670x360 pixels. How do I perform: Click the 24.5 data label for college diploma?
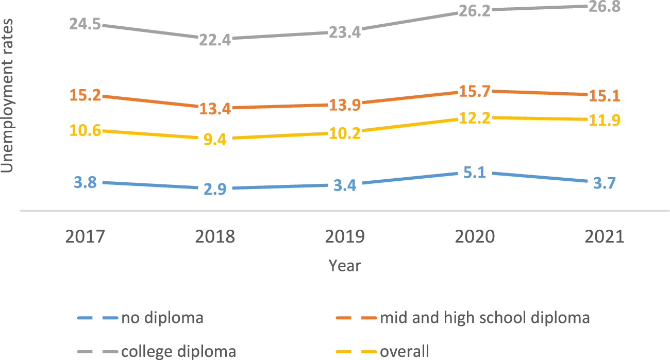[x=85, y=24]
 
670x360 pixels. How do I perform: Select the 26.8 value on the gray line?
[x=605, y=7]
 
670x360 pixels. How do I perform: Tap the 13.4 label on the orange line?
[x=215, y=108]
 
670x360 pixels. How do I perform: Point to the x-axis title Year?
[x=345, y=266]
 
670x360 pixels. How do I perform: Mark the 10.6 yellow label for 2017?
[x=85, y=130]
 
